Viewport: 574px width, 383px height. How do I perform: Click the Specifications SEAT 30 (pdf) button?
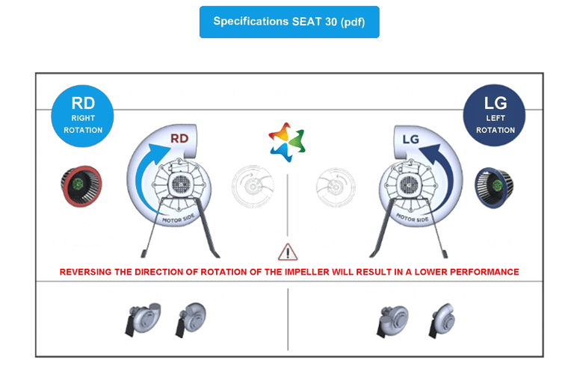(289, 22)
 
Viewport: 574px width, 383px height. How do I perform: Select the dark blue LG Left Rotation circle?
(494, 116)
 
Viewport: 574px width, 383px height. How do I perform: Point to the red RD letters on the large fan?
(179, 138)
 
